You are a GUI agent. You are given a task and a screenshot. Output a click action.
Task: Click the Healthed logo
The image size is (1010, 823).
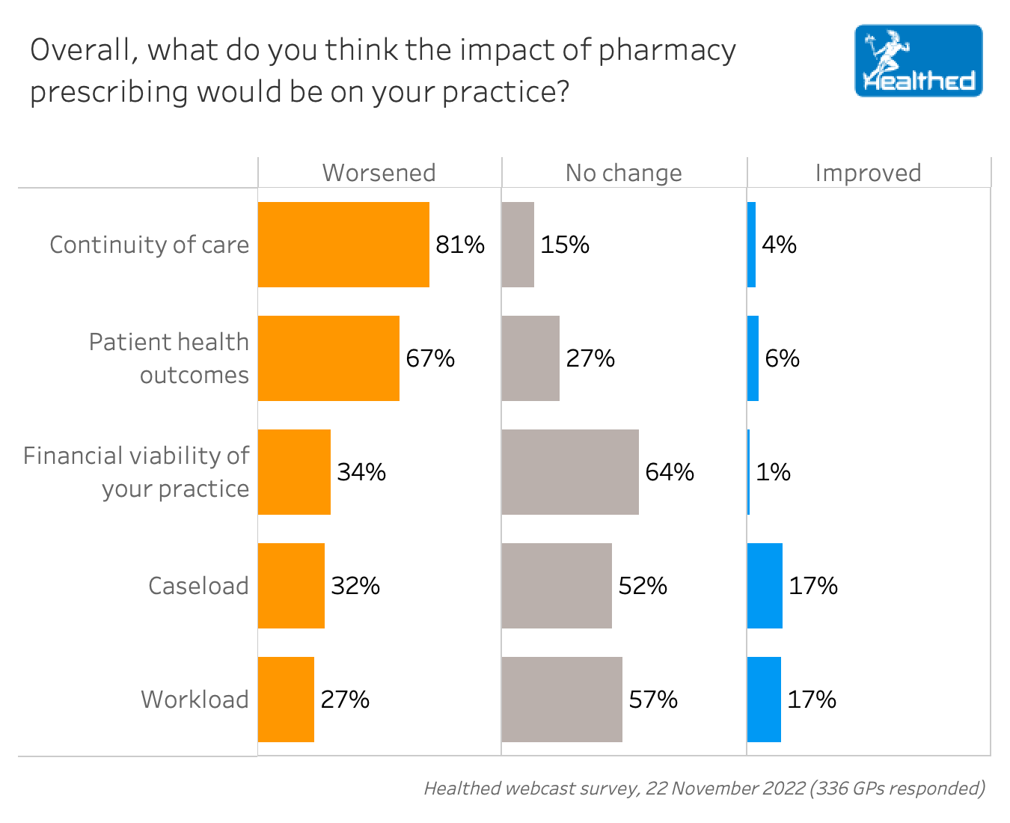pyautogui.click(x=918, y=61)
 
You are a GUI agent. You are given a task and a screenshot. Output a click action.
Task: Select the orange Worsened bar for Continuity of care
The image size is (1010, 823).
pyautogui.click(x=343, y=245)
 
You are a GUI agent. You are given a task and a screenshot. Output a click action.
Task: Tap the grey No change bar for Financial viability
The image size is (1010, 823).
pyautogui.click(x=570, y=472)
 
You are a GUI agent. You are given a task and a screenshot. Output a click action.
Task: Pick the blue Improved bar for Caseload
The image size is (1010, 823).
pyautogui.click(x=765, y=586)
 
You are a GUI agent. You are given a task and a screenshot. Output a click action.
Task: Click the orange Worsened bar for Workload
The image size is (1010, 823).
pyautogui.click(x=286, y=700)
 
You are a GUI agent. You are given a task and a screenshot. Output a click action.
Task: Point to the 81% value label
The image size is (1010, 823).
pyautogui.click(x=460, y=245)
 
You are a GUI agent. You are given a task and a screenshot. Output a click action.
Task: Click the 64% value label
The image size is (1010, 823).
pyautogui.click(x=670, y=472)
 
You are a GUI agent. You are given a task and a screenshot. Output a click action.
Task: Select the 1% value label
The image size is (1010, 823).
pyautogui.click(x=773, y=472)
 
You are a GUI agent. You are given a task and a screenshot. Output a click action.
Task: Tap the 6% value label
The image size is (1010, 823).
pyautogui.click(x=782, y=358)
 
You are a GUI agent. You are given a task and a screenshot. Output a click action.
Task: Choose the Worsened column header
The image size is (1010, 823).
pyautogui.click(x=379, y=173)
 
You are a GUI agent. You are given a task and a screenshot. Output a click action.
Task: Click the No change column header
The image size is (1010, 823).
pyautogui.click(x=623, y=173)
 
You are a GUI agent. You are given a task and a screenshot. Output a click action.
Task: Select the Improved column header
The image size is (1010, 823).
pyautogui.click(x=868, y=173)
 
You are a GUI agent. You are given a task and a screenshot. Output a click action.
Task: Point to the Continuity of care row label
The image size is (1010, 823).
pyautogui.click(x=149, y=245)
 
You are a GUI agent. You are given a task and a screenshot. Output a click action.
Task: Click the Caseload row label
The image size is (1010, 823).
pyautogui.click(x=198, y=586)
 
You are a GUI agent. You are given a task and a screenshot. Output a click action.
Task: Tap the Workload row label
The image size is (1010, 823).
pyautogui.click(x=195, y=700)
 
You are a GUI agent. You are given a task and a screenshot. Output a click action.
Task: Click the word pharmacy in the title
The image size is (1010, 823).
pyautogui.click(x=667, y=51)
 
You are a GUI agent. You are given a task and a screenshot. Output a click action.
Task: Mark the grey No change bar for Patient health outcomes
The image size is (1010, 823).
pyautogui.click(x=530, y=358)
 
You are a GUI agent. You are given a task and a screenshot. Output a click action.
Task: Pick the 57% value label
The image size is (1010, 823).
pyautogui.click(x=653, y=700)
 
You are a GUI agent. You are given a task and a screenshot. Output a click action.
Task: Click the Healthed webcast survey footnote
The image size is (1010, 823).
pyautogui.click(x=704, y=788)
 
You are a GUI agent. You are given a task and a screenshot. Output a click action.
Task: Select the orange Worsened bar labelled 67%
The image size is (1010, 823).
pyautogui.click(x=328, y=358)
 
